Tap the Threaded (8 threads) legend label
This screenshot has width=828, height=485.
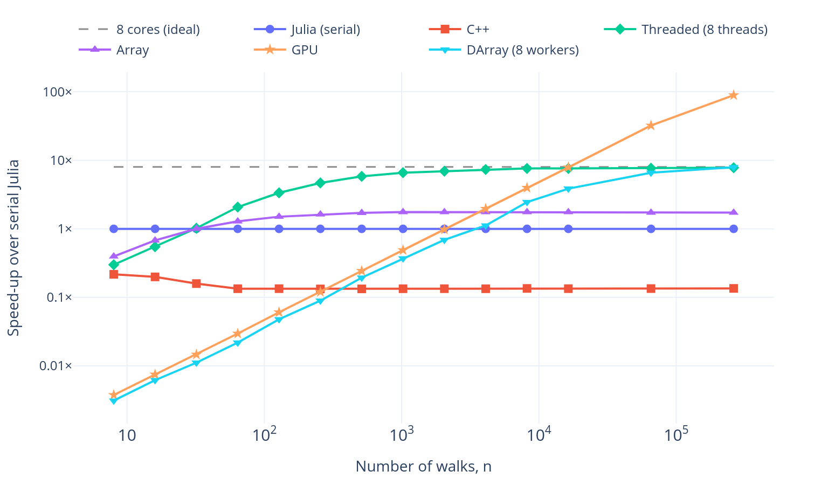(x=705, y=29)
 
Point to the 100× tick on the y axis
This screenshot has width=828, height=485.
(x=57, y=92)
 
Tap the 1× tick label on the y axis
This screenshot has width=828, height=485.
(x=65, y=229)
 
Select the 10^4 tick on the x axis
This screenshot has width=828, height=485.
(x=539, y=434)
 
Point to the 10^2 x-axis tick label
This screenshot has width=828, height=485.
(x=264, y=434)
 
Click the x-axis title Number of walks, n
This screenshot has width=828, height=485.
(x=423, y=466)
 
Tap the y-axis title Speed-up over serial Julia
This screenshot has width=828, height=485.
(x=13, y=248)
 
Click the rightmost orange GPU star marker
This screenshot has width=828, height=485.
(x=734, y=95)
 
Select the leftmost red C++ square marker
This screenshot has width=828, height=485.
(x=114, y=274)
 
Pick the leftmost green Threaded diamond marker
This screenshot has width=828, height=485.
(x=114, y=265)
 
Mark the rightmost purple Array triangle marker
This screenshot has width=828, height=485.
(x=734, y=212)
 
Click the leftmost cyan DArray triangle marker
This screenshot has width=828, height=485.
(x=114, y=401)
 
